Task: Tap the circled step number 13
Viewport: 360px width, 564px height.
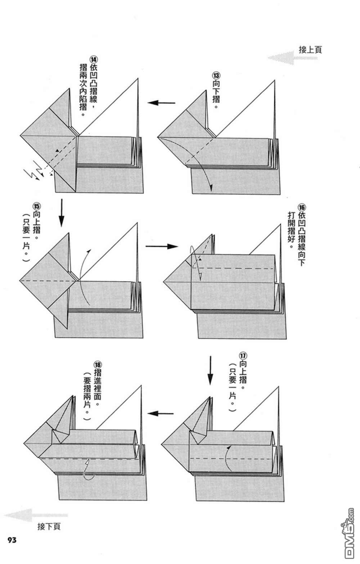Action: click(x=216, y=76)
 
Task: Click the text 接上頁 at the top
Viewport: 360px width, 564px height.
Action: click(x=310, y=49)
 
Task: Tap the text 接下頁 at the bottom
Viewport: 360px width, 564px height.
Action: click(x=49, y=527)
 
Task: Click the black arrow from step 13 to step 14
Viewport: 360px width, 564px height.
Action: click(x=161, y=103)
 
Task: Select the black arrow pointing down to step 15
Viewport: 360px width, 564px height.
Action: click(x=61, y=213)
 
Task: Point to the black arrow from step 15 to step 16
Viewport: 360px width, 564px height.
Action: click(x=162, y=247)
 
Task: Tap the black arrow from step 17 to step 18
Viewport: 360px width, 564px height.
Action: click(x=161, y=414)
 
